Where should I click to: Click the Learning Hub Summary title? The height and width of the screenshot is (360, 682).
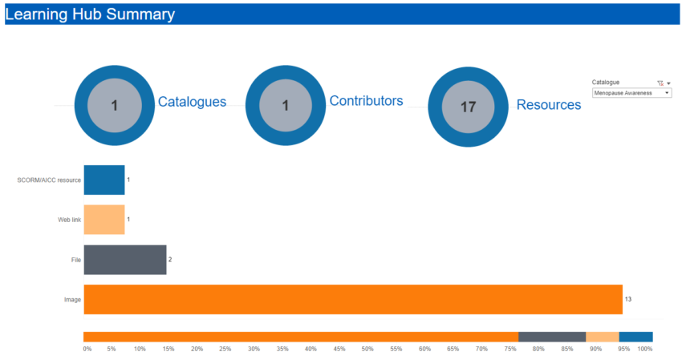click(90, 14)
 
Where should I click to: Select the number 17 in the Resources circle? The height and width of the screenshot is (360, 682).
click(469, 107)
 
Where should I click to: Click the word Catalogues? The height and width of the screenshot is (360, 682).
click(192, 102)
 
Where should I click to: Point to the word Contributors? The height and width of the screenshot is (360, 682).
click(366, 101)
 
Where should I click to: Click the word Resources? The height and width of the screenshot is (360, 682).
click(549, 104)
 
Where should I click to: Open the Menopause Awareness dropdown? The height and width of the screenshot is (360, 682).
click(631, 93)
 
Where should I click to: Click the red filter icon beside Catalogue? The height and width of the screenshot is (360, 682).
click(660, 83)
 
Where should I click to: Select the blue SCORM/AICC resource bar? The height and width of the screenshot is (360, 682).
click(104, 180)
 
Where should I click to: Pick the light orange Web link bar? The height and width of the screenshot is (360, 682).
click(104, 220)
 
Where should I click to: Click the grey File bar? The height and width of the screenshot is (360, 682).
click(125, 260)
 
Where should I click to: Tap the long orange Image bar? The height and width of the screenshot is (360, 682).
click(353, 299)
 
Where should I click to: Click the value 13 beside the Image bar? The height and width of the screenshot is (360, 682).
click(628, 299)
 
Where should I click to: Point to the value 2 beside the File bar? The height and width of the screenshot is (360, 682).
click(170, 260)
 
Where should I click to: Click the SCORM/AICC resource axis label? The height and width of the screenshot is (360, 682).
click(49, 180)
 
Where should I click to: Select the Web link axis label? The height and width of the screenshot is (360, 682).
click(69, 220)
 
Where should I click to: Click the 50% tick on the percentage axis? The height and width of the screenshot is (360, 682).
click(367, 349)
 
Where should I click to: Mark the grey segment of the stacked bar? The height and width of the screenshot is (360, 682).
click(552, 337)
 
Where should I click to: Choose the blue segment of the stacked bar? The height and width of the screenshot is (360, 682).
click(635, 337)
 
